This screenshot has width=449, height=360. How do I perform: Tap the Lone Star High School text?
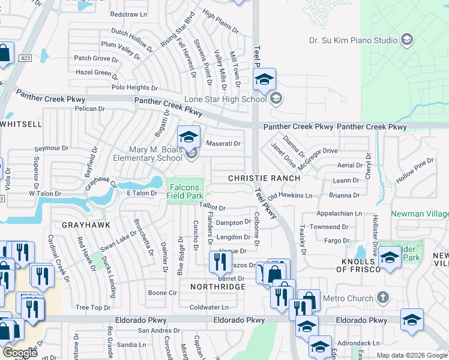tap(234, 99)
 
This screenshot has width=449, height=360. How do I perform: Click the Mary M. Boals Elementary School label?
tap(148, 154)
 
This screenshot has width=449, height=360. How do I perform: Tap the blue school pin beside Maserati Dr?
tap(188, 137)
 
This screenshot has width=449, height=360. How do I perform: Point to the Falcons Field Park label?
tap(185, 191)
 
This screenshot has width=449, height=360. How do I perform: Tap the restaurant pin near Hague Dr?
tap(220, 262)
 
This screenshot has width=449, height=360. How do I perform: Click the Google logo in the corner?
tap(19, 353)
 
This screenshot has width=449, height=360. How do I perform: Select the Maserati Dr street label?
tap(223, 144)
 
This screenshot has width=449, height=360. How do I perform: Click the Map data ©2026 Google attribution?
tap(412, 355)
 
